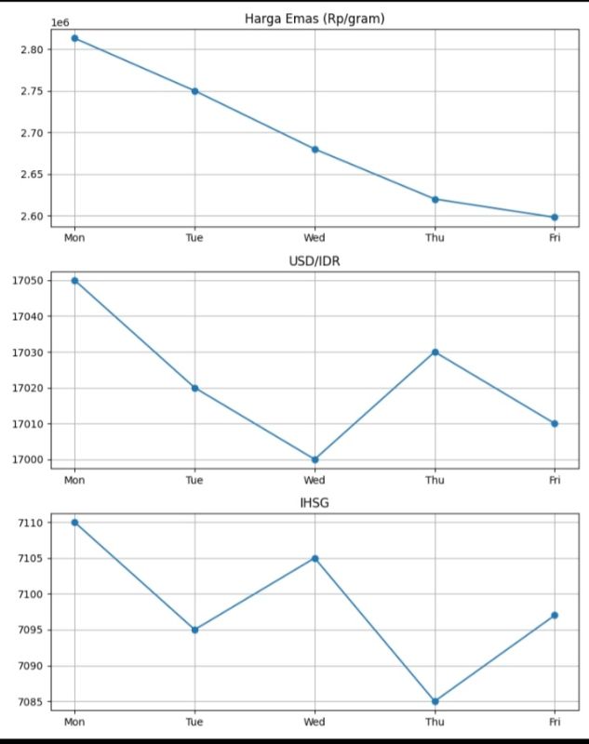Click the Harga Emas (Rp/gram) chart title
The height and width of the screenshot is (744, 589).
[x=315, y=18]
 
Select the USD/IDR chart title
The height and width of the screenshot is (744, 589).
[x=315, y=260]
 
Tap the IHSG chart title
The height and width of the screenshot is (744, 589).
[x=315, y=503]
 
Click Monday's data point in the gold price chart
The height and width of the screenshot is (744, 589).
[x=74, y=38]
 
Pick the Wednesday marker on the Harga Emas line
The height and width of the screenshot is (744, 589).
[x=315, y=149]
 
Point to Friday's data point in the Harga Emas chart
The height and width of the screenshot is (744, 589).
[x=555, y=217]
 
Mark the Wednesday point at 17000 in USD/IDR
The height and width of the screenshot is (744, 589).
[x=315, y=459]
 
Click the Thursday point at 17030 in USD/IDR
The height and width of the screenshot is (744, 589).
[x=435, y=352]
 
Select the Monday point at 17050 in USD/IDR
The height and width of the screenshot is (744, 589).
[x=74, y=280]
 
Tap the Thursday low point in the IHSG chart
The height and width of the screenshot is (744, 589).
[x=435, y=701]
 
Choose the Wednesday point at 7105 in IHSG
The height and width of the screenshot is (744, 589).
[x=315, y=558]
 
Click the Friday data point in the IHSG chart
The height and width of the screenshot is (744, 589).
[x=555, y=615]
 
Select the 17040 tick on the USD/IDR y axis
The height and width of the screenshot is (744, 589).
[x=27, y=316]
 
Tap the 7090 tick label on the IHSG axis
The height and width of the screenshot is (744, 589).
[x=31, y=666]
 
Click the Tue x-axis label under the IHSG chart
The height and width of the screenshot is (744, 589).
[x=194, y=722]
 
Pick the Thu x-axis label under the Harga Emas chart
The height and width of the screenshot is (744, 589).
[x=435, y=237]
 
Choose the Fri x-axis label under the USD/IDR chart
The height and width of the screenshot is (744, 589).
[x=555, y=480]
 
